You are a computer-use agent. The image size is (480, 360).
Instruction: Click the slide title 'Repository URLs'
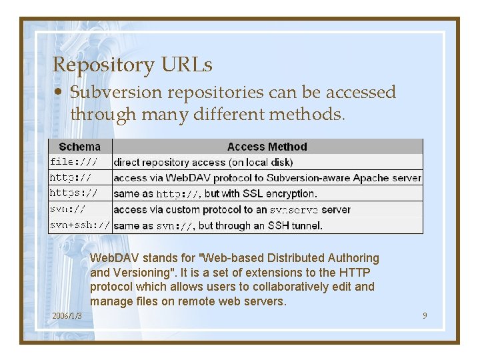132,65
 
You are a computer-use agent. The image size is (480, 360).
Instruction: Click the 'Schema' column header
80,147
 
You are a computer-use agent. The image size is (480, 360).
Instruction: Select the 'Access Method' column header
267,147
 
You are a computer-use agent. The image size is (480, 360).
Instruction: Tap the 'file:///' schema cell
73,162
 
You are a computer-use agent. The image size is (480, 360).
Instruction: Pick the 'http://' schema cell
70,178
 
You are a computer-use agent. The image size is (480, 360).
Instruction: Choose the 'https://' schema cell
73,193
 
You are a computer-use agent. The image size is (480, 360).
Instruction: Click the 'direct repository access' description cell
203,162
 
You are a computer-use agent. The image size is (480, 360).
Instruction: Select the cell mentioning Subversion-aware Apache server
267,178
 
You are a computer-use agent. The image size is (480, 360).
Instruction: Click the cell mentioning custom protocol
232,209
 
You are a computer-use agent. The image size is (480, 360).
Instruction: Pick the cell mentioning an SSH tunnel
218,226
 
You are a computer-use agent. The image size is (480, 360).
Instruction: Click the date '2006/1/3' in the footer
67,315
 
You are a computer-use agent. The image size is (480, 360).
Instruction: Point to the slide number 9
425,315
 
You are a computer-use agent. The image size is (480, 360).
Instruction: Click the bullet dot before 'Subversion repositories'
59,93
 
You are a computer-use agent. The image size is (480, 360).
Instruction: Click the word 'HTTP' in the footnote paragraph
355,273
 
